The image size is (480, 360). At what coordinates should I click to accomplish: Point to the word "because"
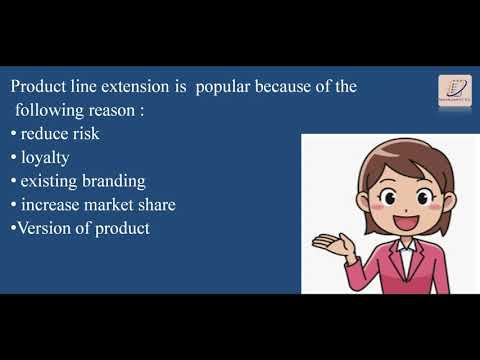click(x=289, y=87)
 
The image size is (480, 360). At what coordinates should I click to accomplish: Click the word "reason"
click(x=113, y=110)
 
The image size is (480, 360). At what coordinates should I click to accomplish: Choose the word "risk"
click(x=84, y=133)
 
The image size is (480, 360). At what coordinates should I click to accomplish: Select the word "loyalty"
click(x=47, y=157)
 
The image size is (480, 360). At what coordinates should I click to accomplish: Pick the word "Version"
click(x=41, y=228)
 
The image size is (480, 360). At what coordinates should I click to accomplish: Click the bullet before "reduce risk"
click(x=12, y=134)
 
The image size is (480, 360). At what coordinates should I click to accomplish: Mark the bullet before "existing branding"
click(x=12, y=182)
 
